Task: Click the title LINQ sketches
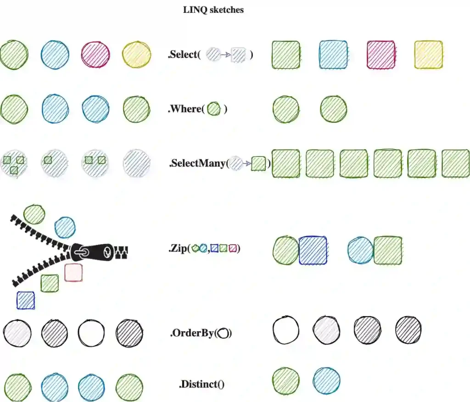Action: [x=213, y=10]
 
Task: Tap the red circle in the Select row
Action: [x=95, y=55]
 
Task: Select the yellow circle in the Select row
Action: [x=136, y=55]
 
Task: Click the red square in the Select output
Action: [x=381, y=55]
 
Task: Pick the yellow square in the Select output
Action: [x=428, y=55]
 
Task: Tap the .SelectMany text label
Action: [x=199, y=163]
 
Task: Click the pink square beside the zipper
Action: [x=73, y=272]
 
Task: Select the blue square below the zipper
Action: [x=26, y=300]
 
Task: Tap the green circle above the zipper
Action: [x=34, y=214]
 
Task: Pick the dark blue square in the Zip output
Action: [x=313, y=250]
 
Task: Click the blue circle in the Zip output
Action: [x=361, y=250]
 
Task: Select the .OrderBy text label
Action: [x=193, y=333]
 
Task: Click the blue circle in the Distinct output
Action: [x=327, y=380]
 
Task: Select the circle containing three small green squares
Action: [x=13, y=162]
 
